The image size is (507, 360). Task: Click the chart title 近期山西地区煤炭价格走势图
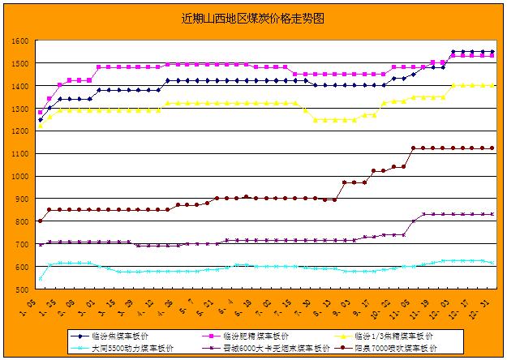point(253,17)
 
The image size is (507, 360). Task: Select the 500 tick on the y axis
point(22,289)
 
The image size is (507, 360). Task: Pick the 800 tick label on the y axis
point(22,221)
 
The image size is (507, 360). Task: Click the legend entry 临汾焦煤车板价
point(125,336)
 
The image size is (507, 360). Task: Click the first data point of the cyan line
point(41,278)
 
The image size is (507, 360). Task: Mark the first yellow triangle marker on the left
point(41,126)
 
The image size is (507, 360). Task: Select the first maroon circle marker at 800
point(41,221)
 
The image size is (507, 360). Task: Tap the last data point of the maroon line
point(492,148)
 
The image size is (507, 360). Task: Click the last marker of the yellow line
point(492,85)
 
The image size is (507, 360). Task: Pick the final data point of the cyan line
point(492,263)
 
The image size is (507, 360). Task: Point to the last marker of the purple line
point(492,214)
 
